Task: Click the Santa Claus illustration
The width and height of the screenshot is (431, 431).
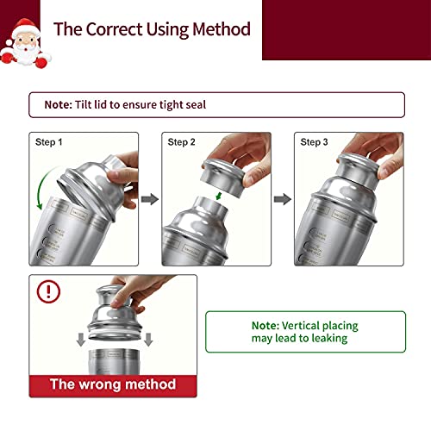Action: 25,43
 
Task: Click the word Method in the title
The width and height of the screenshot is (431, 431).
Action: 222,29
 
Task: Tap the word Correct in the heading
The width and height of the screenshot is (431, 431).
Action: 114,29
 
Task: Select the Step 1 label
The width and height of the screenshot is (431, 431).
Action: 48,142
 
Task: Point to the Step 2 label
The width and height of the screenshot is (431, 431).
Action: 181,142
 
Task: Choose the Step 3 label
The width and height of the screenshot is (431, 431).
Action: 314,142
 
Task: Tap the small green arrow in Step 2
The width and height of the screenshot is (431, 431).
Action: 219,196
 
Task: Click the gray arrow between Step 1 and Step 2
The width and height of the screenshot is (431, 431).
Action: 150,199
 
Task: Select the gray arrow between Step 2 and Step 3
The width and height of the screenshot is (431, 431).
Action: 283,199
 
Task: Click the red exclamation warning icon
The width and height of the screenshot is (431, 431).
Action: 48,291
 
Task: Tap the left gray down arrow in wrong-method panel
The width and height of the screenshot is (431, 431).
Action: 81,340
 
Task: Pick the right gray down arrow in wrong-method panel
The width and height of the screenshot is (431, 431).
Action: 148,340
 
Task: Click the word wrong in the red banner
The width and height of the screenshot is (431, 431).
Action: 100,384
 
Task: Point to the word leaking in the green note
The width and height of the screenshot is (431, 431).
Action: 329,339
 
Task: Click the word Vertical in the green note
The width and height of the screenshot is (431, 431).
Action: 300,326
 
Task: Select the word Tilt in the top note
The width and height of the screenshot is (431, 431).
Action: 83,104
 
